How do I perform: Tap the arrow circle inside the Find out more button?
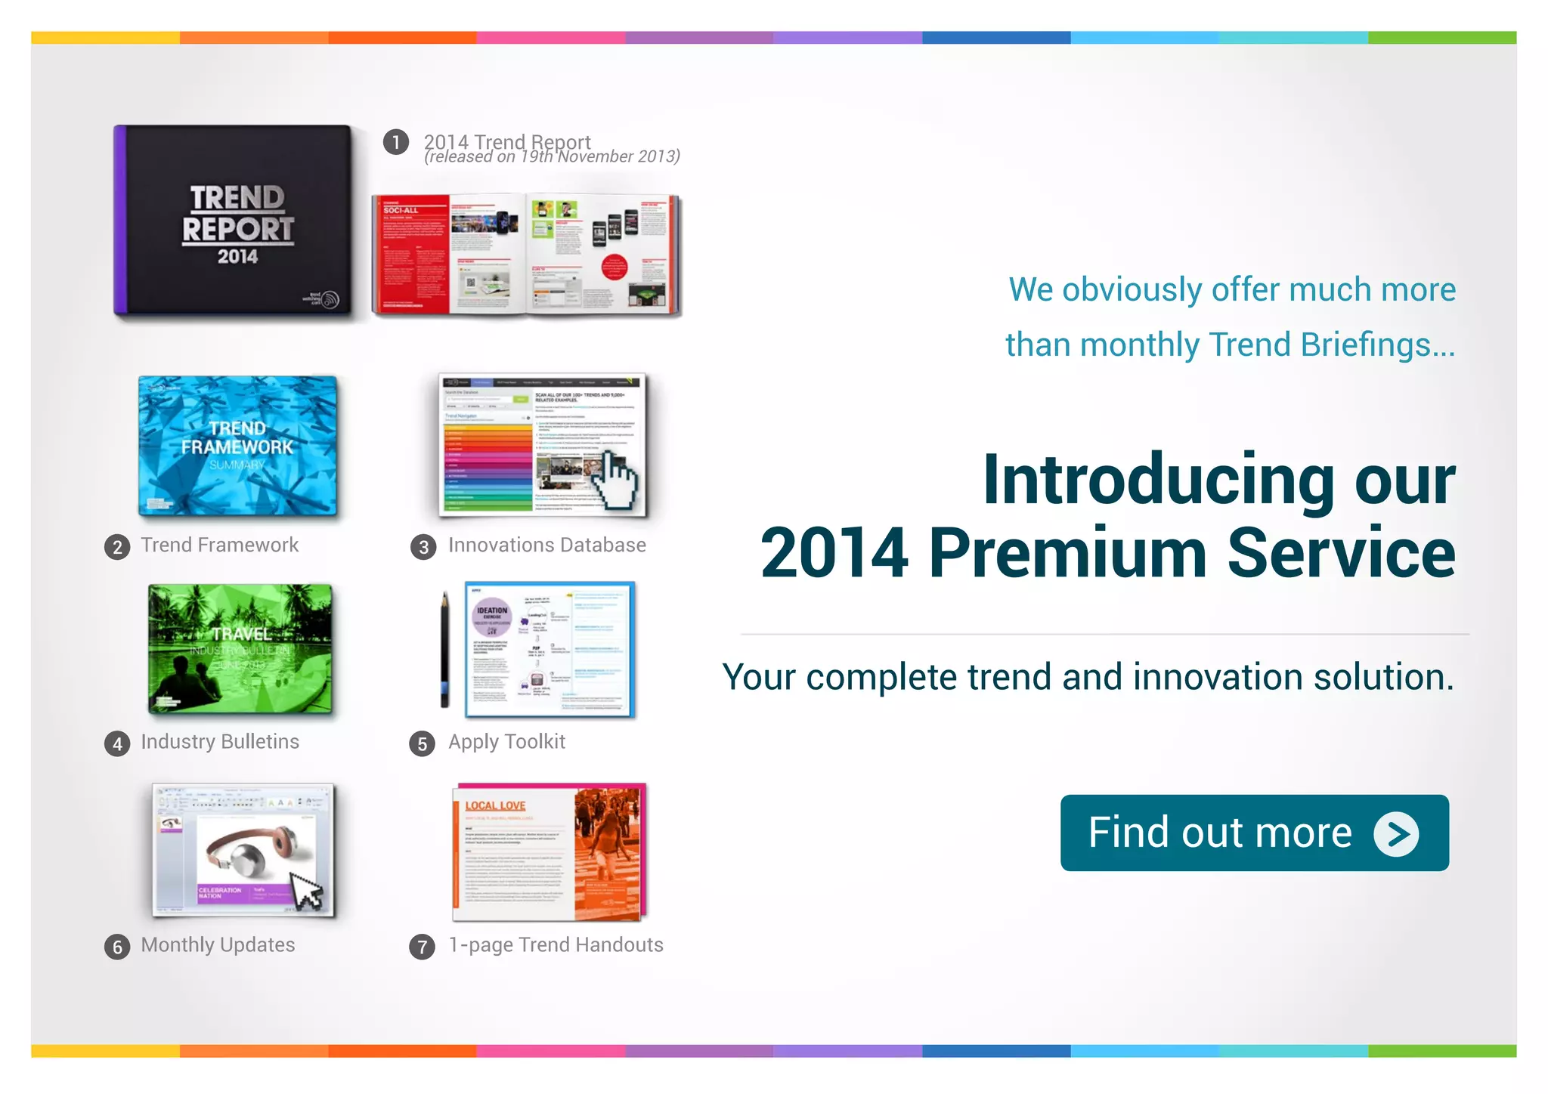point(1396,834)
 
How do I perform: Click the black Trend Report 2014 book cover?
point(234,220)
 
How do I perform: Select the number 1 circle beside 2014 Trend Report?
point(396,142)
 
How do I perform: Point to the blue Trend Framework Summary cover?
point(237,446)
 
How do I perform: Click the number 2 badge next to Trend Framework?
point(117,547)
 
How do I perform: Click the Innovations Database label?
point(546,545)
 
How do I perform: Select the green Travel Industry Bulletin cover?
point(240,649)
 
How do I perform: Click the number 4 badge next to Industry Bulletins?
point(117,744)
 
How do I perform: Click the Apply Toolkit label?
point(506,742)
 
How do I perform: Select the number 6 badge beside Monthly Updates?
point(117,947)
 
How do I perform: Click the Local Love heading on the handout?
point(495,806)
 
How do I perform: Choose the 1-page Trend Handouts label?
point(556,945)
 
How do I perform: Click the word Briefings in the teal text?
point(1368,345)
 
